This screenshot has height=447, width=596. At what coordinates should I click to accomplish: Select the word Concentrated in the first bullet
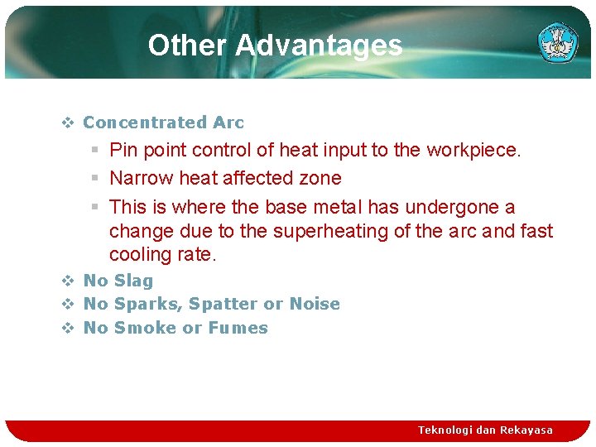[x=145, y=123]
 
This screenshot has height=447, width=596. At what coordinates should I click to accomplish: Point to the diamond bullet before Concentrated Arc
[x=68, y=123]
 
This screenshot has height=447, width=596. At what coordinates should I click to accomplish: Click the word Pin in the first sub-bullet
[x=123, y=151]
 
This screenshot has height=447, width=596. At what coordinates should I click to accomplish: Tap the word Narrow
[x=135, y=179]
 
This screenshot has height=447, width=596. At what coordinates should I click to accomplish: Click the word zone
[x=321, y=179]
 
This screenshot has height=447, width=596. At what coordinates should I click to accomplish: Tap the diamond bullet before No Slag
[x=68, y=281]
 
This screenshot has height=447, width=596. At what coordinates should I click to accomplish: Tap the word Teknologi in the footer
[x=446, y=430]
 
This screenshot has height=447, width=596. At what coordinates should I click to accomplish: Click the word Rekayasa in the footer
[x=526, y=430]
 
